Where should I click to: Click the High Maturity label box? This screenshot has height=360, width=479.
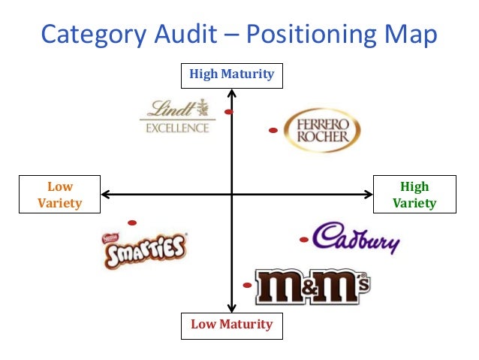pos(231,74)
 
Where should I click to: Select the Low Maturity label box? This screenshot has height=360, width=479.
pos(231,325)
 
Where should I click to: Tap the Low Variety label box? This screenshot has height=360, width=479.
pos(59,195)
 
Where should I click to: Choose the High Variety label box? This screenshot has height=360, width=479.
pos(414,195)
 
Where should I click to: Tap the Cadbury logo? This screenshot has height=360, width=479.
pos(356,238)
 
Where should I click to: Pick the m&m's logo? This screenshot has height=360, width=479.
pos(312,286)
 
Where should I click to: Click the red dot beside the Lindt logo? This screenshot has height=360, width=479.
pos(229,112)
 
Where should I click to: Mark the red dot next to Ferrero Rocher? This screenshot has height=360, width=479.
pos(273,131)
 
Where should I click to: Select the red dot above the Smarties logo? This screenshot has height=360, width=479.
pos(132,222)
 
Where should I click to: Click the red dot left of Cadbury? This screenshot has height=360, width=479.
pos(303,241)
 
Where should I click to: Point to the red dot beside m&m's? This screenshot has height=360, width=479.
pos(247,286)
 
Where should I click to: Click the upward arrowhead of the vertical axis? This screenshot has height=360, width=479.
pos(232,93)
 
